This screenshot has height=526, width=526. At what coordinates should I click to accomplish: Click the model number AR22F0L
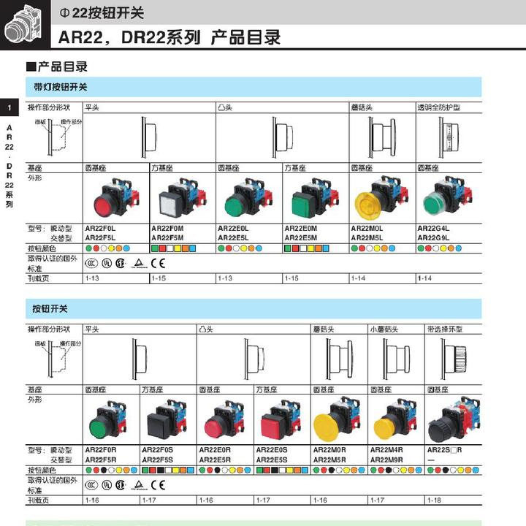coord(100,228)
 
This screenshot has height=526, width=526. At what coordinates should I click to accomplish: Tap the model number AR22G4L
coord(432,228)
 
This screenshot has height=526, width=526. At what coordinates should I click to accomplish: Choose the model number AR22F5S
coord(157,460)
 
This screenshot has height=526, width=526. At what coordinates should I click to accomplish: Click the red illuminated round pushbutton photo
coord(115,197)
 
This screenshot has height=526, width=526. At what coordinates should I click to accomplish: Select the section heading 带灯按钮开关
coord(61,86)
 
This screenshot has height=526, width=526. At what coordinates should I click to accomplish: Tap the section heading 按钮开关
coord(50,308)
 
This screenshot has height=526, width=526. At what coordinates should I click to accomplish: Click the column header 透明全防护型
coord(439,107)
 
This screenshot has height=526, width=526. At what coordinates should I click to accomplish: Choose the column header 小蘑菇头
coord(386,329)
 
